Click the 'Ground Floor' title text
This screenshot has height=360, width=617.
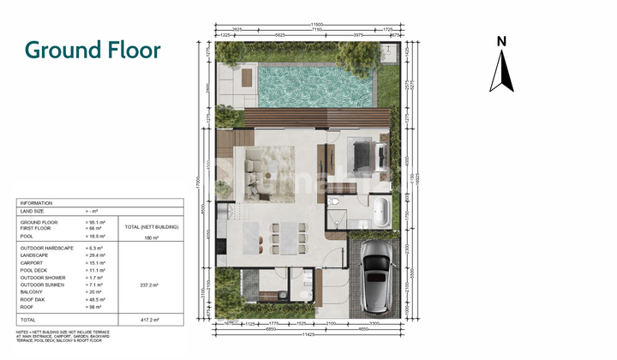[93, 50]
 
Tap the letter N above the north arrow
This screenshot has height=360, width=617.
[502, 40]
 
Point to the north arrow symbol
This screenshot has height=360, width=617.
[501, 70]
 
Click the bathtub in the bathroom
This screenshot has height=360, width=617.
[380, 210]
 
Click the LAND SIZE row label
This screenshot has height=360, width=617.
[33, 212]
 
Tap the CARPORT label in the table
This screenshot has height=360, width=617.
[33, 264]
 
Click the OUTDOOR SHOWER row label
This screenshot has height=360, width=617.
[41, 279]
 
